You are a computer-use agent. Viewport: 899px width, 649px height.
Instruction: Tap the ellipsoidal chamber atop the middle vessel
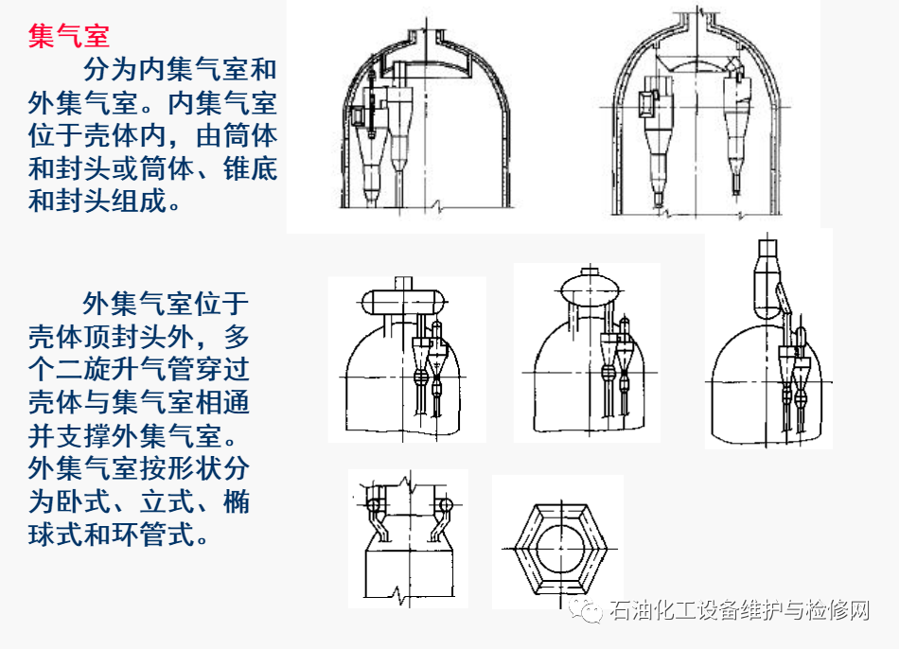click(589, 288)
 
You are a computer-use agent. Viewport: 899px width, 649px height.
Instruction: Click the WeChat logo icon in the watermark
click(588, 610)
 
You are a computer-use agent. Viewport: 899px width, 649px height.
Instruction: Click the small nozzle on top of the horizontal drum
click(404, 281)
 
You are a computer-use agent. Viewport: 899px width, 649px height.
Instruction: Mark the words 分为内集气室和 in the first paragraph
click(180, 70)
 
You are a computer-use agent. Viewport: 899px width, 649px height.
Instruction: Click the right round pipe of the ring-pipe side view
click(445, 502)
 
